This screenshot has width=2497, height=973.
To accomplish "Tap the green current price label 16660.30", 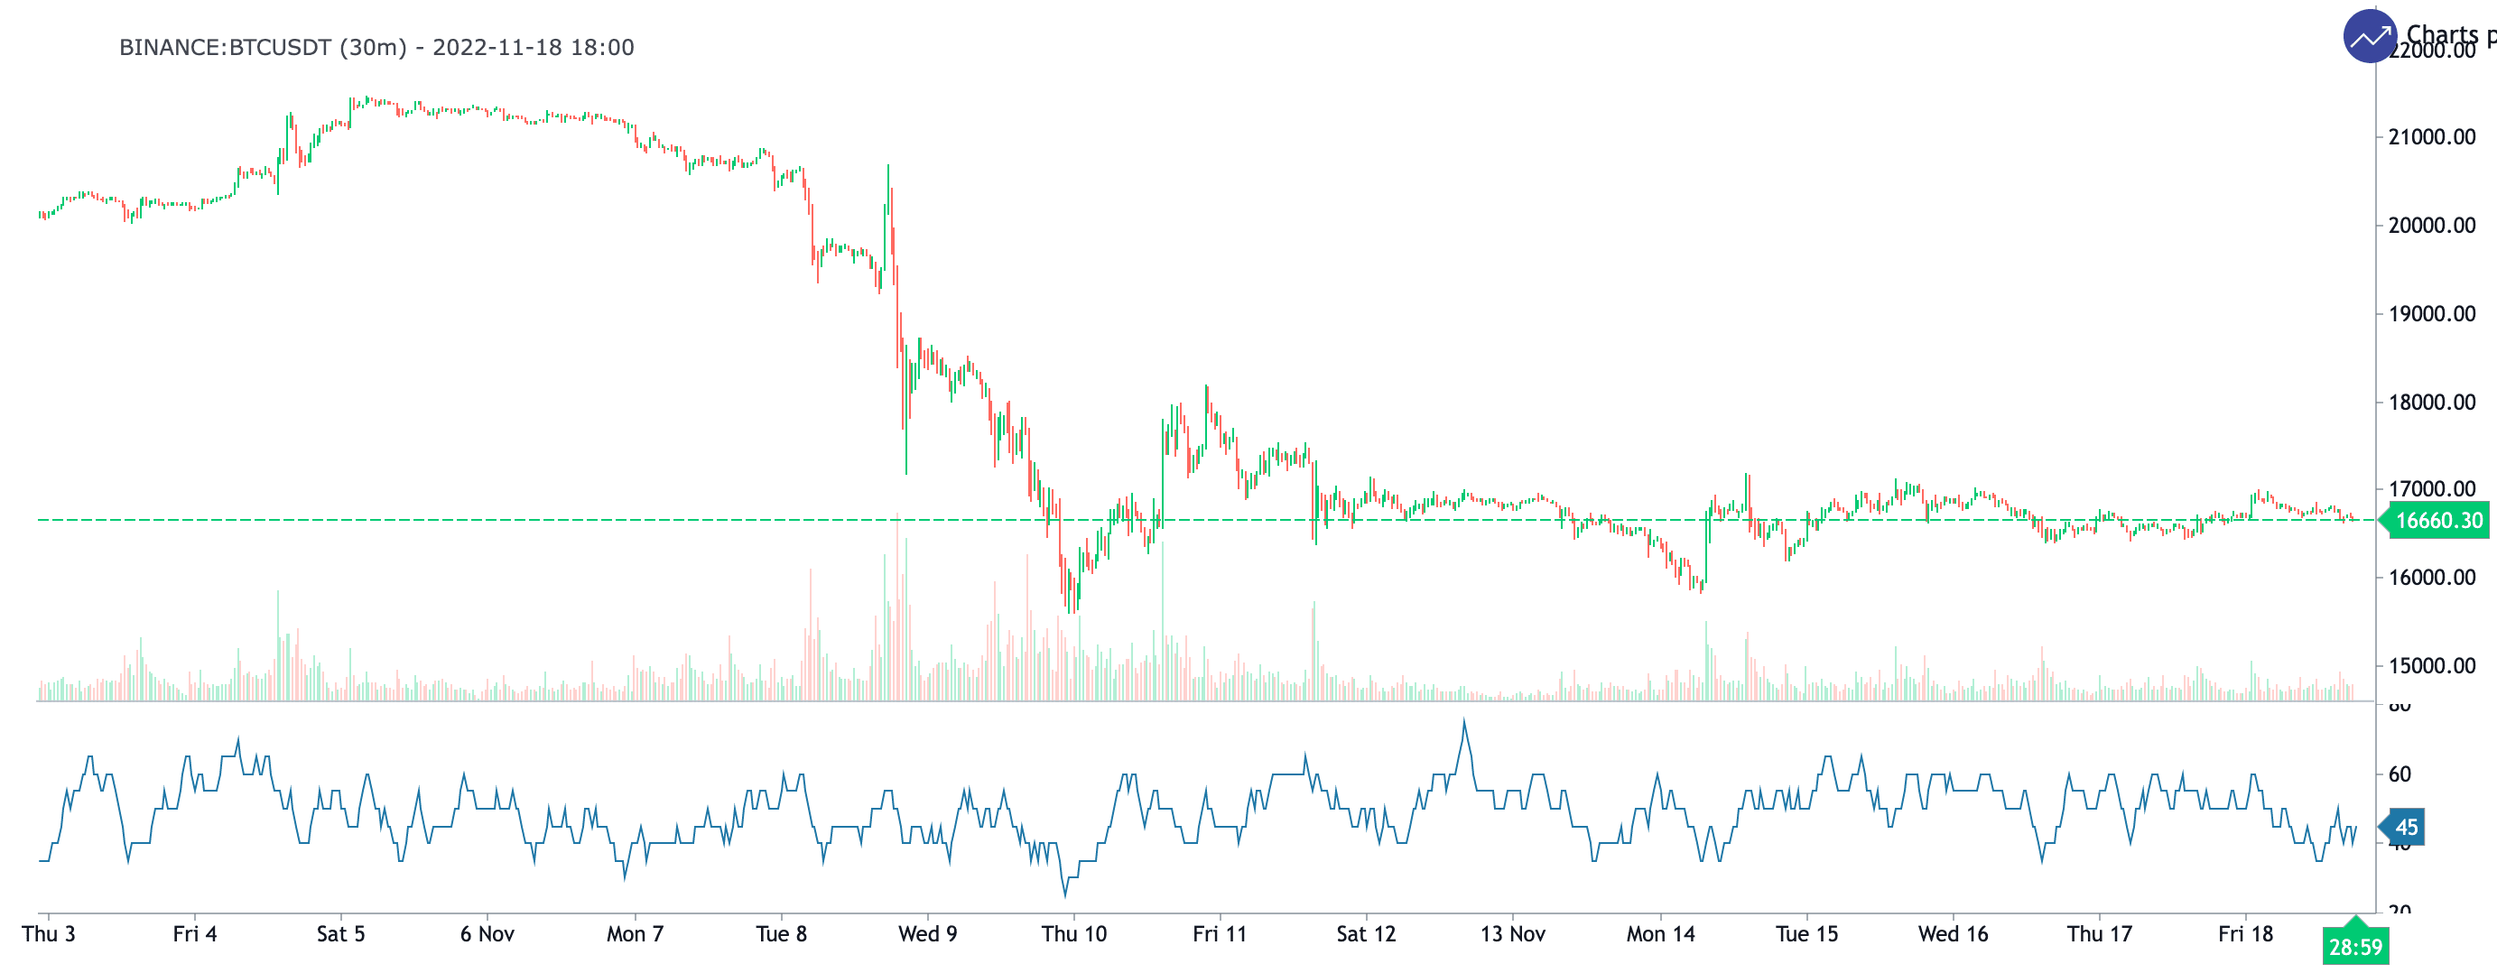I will pos(2438,521).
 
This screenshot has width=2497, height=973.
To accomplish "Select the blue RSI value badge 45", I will pos(2405,827).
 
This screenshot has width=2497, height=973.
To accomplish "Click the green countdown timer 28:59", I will pos(2354,946).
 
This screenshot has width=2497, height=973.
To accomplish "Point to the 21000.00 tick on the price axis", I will pos(2431,136).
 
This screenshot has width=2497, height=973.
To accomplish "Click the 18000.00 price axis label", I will pos(2431,403).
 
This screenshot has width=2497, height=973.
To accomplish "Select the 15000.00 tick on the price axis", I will pos(2431,666).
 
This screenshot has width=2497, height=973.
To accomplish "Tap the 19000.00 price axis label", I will pos(2431,314).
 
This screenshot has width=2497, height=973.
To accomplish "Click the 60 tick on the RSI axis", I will pos(2400,774).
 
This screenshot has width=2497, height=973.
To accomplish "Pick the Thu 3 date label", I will pos(49,933).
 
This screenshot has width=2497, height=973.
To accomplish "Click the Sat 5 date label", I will pos(341,933).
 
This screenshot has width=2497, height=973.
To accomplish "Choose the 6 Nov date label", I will pos(487,933).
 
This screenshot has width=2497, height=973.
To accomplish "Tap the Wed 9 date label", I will pos(928,933).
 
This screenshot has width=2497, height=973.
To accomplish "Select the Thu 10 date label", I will pos(1074,933).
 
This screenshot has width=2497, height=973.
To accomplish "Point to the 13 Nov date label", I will pos(1512,933).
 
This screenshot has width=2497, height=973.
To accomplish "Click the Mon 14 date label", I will pos(1660,933).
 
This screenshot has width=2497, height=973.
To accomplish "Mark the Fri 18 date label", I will pos(2245,933).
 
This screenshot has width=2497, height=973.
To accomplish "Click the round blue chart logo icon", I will pos(2369,37).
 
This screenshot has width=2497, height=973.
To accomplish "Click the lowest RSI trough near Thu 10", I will pos(1065,894).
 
